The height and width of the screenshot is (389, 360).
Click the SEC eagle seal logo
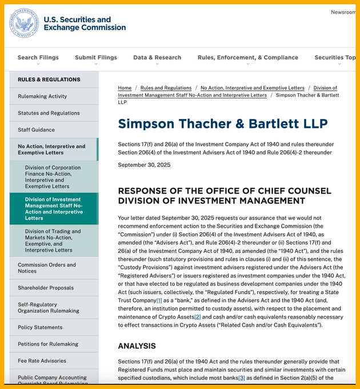[25, 24]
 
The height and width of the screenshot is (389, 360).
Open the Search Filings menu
[38, 58]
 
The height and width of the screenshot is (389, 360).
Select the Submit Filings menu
[96, 58]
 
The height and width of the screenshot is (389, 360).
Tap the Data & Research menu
[157, 58]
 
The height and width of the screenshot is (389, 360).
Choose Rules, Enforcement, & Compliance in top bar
[248, 58]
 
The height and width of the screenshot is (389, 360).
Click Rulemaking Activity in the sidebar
[42, 96]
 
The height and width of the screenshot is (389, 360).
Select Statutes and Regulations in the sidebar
[49, 113]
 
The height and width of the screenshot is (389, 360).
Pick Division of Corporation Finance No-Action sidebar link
[53, 177]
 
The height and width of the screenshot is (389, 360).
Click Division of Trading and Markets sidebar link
[53, 240]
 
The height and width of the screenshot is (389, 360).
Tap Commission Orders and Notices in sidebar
[46, 268]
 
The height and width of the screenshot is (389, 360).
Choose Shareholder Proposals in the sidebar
[46, 288]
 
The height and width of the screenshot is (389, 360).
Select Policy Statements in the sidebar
[40, 327]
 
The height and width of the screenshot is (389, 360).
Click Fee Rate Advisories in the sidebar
[42, 361]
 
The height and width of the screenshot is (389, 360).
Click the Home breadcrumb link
[125, 88]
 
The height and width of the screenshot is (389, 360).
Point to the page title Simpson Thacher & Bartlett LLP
[223, 124]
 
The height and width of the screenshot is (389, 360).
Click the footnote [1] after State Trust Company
[159, 300]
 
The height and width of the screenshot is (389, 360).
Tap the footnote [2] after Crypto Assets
[197, 317]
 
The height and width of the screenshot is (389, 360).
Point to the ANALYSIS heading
[137, 346]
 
